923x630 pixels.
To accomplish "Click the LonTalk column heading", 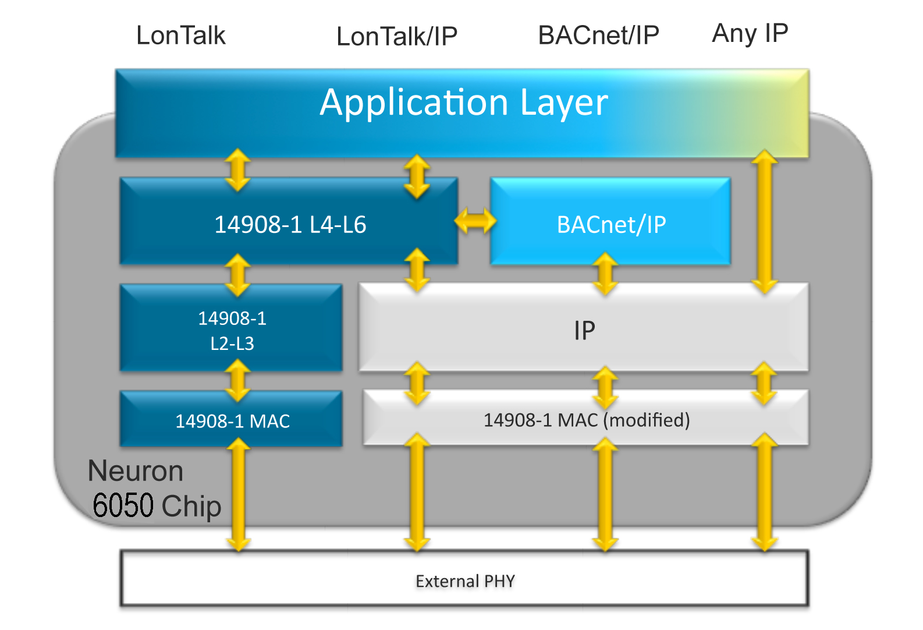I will point(180,36).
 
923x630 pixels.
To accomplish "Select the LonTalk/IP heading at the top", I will point(397,37).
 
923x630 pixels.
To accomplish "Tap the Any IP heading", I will point(750,34).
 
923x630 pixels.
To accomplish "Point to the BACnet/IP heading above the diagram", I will point(598,36).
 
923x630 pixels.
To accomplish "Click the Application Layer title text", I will point(463,102).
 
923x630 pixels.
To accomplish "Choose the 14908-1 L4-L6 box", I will point(289,224).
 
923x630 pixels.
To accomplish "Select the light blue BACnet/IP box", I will point(610,224).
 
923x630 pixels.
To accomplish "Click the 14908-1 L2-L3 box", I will point(232,330).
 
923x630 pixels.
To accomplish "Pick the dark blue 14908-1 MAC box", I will point(232,420).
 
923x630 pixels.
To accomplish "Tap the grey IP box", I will point(584,331).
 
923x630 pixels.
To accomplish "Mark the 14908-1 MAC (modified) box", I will point(586,420).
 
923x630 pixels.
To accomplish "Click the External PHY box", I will point(464,581).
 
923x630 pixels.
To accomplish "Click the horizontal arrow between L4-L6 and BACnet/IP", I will point(475,221).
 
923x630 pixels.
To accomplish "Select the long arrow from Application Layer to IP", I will point(764,221).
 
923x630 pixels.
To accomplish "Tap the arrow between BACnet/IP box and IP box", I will point(605,274).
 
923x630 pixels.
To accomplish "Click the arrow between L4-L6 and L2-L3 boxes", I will point(237,275).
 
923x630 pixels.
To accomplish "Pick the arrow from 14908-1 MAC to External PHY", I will point(238,495).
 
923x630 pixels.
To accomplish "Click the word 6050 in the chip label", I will point(123,505).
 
